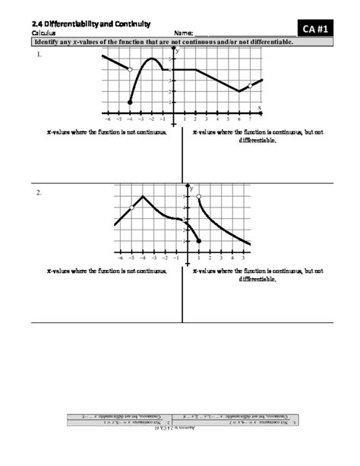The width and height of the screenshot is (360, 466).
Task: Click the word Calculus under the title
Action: pyautogui.click(x=44, y=34)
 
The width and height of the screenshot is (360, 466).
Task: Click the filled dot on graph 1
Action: pyautogui.click(x=130, y=102)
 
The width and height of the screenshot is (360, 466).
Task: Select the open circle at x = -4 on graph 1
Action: pyautogui.click(x=130, y=69)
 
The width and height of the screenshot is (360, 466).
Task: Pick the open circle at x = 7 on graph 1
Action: pyautogui.click(x=250, y=86)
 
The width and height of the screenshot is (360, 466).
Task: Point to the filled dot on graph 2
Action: pyautogui.click(x=199, y=241)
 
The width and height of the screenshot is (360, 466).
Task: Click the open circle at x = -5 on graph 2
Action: pyautogui.click(x=132, y=208)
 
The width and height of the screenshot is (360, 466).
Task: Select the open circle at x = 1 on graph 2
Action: pyautogui.click(x=199, y=197)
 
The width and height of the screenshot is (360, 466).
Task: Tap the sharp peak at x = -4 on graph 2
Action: pyautogui.click(x=144, y=197)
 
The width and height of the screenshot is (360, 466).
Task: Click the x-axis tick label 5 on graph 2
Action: pyautogui.click(x=243, y=258)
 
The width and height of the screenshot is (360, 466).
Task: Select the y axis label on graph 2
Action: pyautogui.click(x=191, y=186)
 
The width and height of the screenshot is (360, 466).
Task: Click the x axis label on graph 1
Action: pyautogui.click(x=259, y=108)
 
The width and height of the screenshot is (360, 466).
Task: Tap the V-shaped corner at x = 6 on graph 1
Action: pyautogui.click(x=239, y=91)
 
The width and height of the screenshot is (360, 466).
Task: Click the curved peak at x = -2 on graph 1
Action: pyautogui.click(x=152, y=59)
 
